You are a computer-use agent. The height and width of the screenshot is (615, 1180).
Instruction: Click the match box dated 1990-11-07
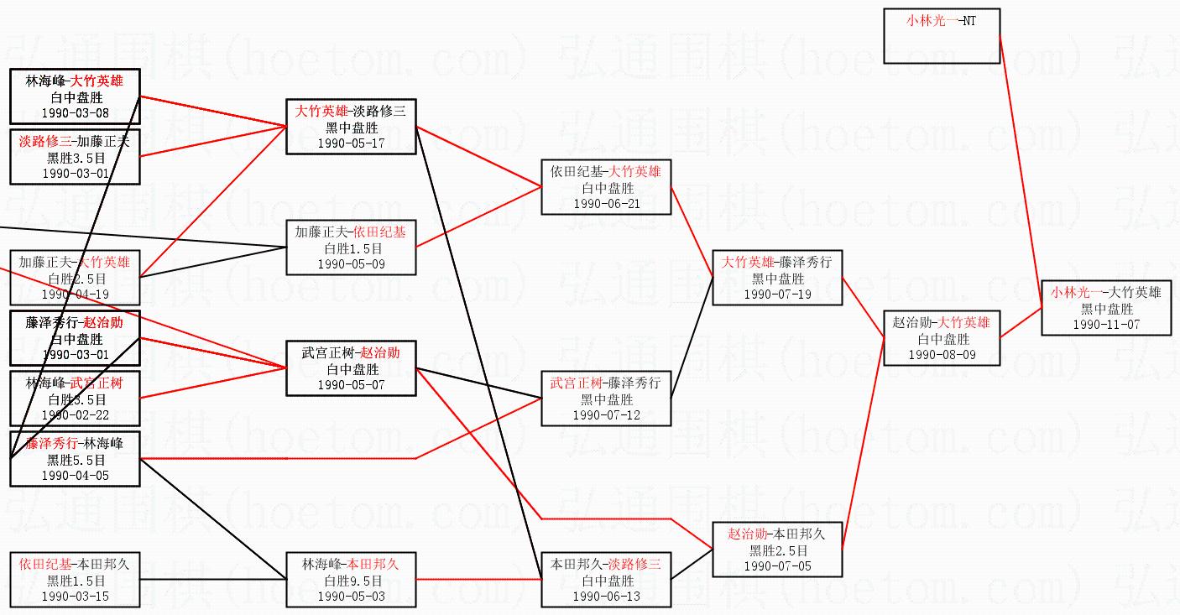[1105, 308]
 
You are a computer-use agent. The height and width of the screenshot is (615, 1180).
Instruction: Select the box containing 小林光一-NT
[941, 35]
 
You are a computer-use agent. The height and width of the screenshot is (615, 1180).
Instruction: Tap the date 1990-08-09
[942, 355]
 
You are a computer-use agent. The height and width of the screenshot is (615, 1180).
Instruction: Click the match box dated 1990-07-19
[777, 278]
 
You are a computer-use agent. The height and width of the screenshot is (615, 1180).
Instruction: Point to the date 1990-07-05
[777, 565]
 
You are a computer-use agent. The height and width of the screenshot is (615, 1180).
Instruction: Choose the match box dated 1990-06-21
[606, 187]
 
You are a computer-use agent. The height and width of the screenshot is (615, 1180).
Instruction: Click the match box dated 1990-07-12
[606, 399]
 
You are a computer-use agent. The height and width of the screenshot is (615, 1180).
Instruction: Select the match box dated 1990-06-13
[606, 580]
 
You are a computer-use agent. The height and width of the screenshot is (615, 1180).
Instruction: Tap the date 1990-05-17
[351, 143]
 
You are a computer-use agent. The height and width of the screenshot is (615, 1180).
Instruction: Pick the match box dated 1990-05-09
[351, 248]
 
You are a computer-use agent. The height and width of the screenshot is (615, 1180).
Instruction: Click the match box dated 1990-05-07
[351, 368]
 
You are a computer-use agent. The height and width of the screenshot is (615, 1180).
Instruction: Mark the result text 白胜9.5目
[351, 581]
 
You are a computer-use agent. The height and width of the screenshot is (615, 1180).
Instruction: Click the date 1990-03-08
[76, 112]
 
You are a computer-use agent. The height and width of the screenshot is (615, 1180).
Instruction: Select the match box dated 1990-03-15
[76, 580]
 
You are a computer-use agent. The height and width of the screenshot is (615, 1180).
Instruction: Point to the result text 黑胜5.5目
[76, 460]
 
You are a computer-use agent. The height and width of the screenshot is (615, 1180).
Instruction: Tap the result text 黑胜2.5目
[777, 550]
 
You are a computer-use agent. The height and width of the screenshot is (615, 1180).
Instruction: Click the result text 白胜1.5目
[351, 248]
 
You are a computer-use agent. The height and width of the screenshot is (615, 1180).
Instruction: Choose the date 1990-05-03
[351, 596]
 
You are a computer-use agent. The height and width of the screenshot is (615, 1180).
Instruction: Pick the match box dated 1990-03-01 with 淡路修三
[76, 157]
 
